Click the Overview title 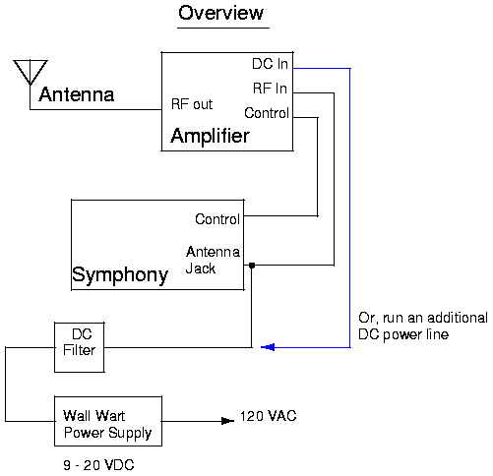(220, 13)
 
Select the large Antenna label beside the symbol (77, 94)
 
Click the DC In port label (270, 64)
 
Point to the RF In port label (270, 89)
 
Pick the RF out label (192, 104)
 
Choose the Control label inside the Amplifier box (267, 113)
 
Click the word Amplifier (211, 136)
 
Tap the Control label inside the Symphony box (217, 219)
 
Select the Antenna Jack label (213, 261)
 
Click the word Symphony (120, 275)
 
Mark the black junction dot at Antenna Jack (252, 266)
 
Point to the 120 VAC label (269, 416)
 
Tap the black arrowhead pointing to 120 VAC (227, 421)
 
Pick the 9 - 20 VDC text (98, 465)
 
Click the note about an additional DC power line (423, 327)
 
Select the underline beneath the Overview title (223, 28)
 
